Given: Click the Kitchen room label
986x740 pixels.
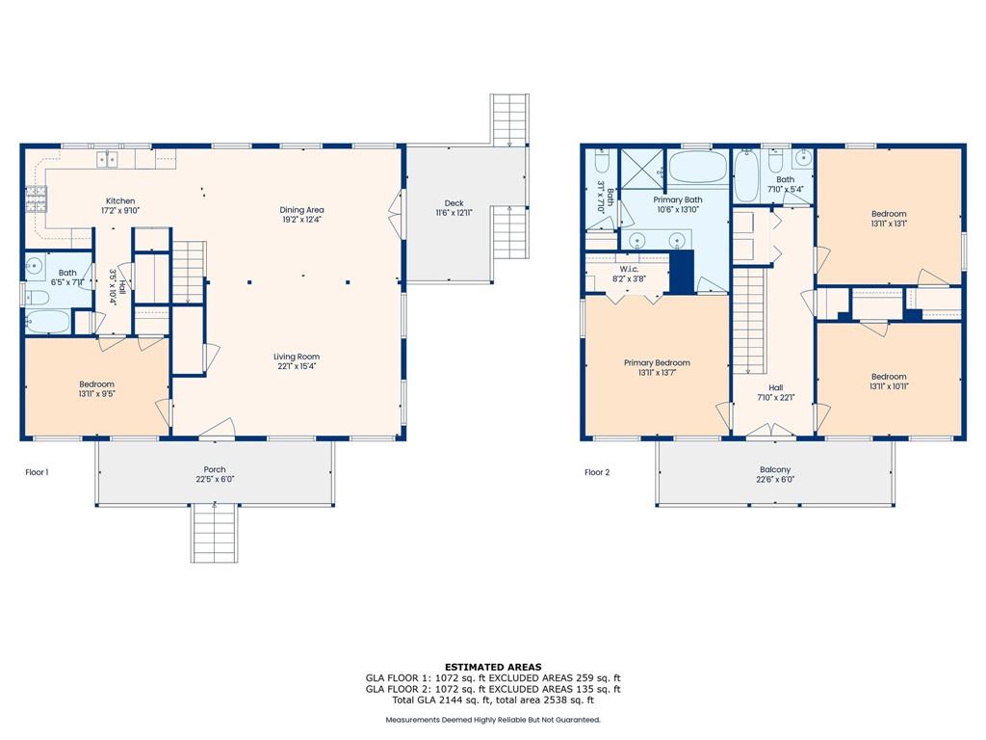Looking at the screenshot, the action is pos(120,201).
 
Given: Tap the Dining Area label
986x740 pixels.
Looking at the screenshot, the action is pos(301,210).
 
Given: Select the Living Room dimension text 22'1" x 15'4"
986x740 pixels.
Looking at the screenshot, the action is pos(297,366).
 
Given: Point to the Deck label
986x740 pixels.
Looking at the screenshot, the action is pos(454,203).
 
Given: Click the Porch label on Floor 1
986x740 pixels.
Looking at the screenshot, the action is pos(215,469).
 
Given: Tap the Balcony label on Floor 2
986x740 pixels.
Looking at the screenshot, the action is pos(775,469).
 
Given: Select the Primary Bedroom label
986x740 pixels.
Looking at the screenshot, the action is pos(657,362).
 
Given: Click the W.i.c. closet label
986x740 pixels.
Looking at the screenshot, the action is pos(629,269).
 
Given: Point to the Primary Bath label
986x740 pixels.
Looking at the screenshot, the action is pos(678,199).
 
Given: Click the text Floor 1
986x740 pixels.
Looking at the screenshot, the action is pos(38,472).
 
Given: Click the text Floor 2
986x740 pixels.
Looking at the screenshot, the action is pos(597,472).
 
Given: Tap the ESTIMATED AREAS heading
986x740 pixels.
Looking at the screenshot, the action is pos(493,667).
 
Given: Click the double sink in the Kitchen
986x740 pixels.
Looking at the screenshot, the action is pos(108,159).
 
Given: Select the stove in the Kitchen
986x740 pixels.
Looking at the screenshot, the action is pos(36,198).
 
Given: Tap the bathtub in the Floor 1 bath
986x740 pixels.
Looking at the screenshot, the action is pos(48,322).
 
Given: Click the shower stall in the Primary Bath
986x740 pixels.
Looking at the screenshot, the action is pos(642,170).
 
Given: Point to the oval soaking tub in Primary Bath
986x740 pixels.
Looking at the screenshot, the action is pos(698,167).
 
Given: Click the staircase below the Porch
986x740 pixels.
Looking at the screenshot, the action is pos(215,532).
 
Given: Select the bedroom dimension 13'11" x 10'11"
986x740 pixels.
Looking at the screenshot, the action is pos(889,387).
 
